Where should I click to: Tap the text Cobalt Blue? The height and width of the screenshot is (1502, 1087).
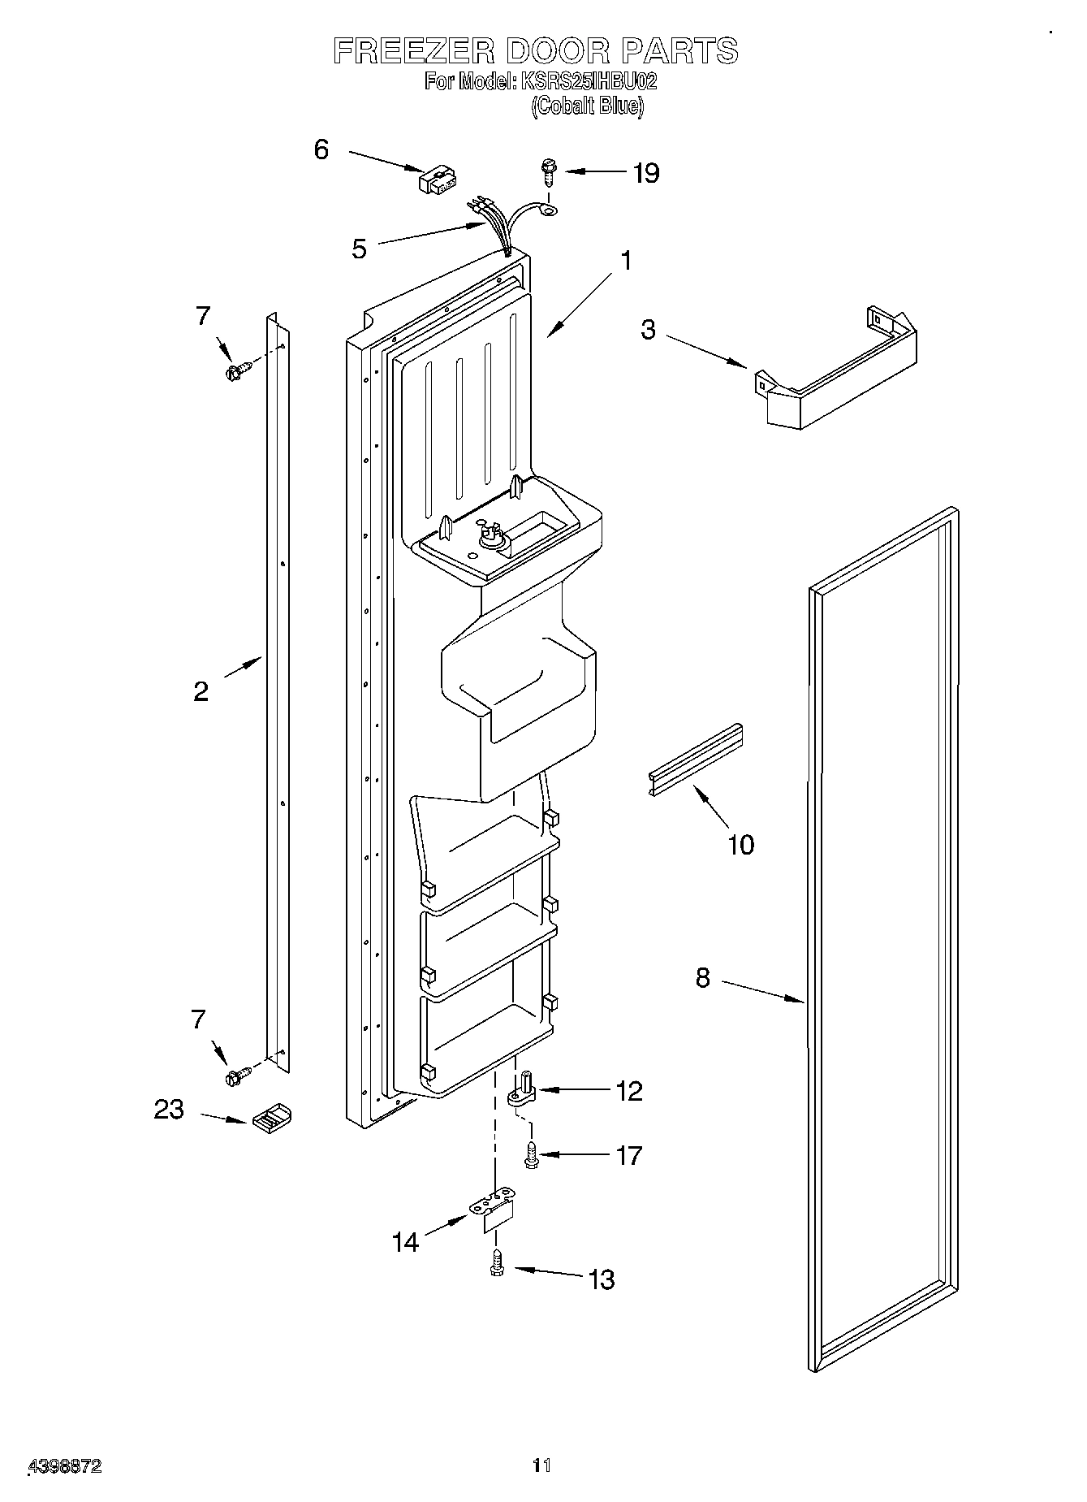click(x=587, y=106)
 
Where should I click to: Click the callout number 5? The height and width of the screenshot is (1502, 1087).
click(x=359, y=249)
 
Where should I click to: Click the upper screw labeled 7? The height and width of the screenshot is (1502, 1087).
click(x=236, y=372)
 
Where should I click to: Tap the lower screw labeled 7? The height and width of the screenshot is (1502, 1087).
click(x=236, y=1076)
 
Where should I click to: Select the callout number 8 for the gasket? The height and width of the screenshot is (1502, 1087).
click(x=702, y=978)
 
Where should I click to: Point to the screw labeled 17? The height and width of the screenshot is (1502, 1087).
click(x=533, y=1155)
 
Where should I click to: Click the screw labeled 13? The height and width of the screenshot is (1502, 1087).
click(x=498, y=1264)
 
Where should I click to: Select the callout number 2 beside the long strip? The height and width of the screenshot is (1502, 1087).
click(x=201, y=691)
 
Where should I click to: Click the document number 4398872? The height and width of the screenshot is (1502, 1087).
click(x=65, y=1465)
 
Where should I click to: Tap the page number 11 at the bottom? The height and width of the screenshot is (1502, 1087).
click(x=541, y=1465)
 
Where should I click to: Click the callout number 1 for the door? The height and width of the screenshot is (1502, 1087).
click(x=625, y=261)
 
